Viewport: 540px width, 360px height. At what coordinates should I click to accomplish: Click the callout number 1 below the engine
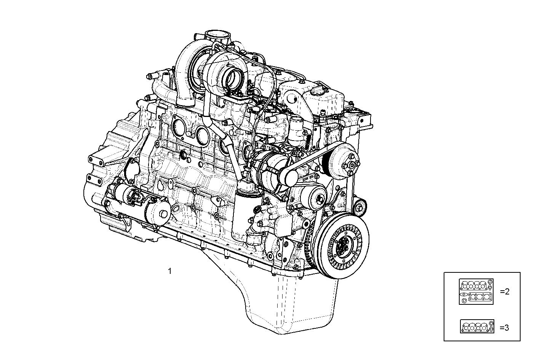coord(170,272)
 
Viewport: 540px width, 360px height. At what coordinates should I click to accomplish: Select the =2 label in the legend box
coord(504,292)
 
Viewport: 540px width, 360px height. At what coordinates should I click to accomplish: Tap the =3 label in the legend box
coord(504,327)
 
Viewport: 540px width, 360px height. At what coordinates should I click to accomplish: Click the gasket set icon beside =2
coord(476,291)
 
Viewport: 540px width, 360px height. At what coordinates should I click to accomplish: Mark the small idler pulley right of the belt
coord(359,208)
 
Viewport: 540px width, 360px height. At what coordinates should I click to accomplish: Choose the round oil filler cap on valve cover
coord(317,91)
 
